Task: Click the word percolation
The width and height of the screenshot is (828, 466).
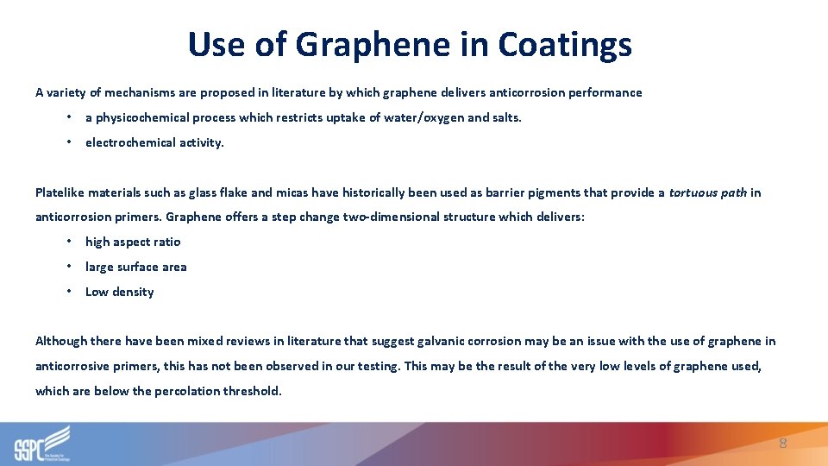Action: [188, 391]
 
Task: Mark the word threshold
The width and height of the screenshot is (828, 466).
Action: [253, 391]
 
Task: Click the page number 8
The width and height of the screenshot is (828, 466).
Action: [782, 444]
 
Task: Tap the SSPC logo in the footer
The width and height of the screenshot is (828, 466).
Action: [41, 444]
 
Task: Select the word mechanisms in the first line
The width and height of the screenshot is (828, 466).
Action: [125, 92]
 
